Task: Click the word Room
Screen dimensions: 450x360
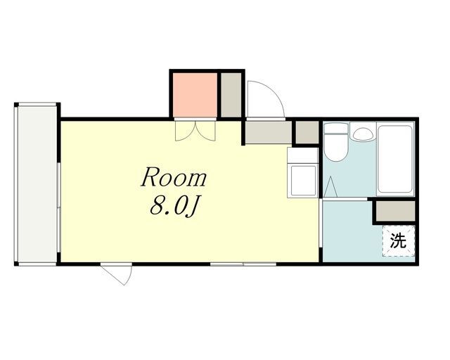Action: [174, 176]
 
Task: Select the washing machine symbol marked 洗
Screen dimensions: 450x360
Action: [399, 240]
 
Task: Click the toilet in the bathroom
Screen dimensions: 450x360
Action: [336, 142]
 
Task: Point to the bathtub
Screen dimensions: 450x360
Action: [395, 159]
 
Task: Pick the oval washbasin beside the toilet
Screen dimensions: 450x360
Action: [363, 134]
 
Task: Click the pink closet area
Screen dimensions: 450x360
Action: [195, 95]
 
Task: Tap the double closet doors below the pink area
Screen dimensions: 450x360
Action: [195, 131]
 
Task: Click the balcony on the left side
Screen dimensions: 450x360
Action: [37, 184]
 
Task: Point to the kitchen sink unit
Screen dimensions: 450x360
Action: [303, 173]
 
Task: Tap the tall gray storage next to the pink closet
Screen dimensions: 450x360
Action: [231, 95]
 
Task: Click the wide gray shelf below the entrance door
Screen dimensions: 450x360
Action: [269, 132]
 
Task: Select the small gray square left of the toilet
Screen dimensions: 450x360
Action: [307, 132]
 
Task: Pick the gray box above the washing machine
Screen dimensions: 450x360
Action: [395, 212]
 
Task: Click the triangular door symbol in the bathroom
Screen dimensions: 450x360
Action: [330, 186]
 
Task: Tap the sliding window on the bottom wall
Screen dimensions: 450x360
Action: [243, 264]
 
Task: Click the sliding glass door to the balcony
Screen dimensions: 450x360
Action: [58, 207]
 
